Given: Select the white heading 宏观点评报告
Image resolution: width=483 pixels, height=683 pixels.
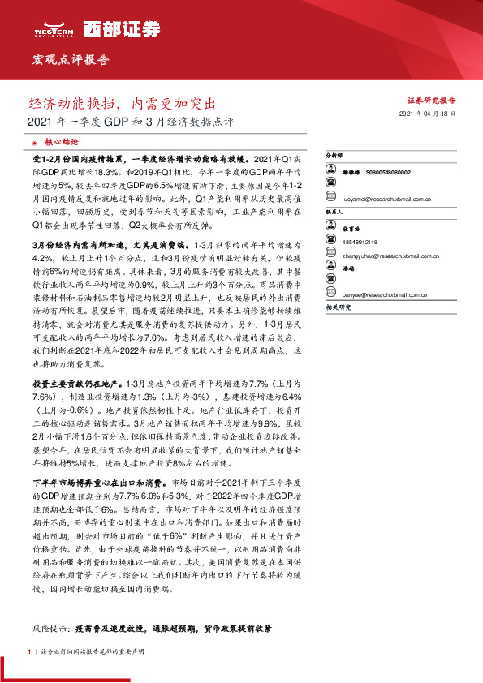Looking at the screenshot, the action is point(70,60).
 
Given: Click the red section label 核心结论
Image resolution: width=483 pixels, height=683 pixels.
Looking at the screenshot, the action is point(60,140).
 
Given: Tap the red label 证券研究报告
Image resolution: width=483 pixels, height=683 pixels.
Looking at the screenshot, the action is point(431,101).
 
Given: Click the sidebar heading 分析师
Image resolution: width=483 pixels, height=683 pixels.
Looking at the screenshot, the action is point(334,152).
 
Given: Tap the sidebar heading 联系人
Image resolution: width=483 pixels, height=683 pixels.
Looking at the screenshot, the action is point(334,211).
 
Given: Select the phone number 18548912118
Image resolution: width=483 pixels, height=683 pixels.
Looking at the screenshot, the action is point(357,239).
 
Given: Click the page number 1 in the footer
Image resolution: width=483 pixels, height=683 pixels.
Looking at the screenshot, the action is point(29,651).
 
